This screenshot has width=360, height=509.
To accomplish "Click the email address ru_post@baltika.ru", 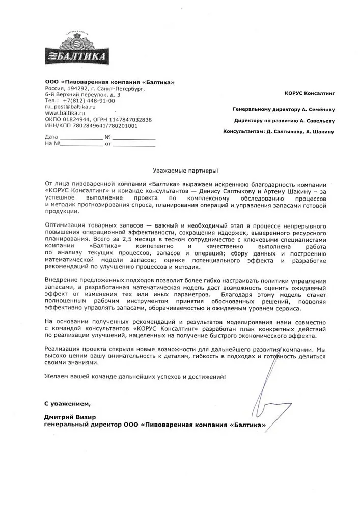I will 70,107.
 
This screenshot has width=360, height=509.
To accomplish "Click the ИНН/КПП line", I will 91,125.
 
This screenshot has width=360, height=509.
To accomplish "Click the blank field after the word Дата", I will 81,138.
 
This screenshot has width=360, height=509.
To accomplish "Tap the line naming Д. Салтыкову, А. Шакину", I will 279,132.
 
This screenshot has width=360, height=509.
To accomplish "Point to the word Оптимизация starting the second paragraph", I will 64,224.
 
